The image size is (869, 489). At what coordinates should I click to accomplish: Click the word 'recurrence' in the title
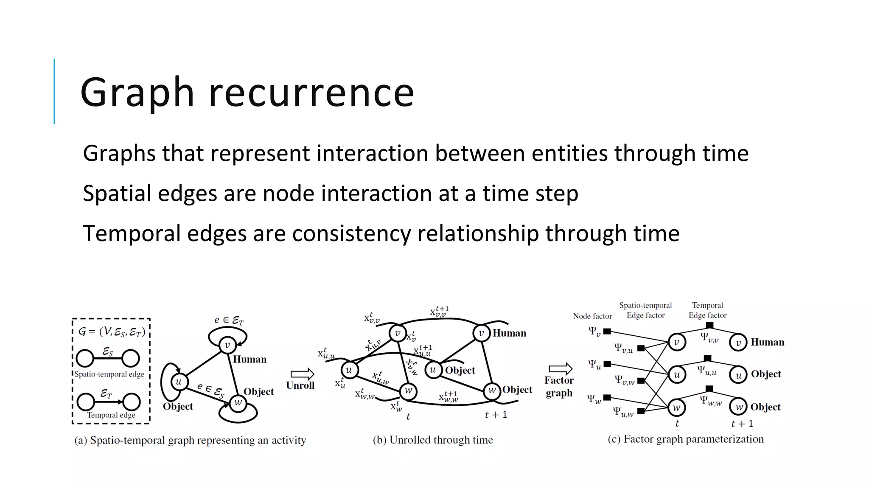tap(311, 92)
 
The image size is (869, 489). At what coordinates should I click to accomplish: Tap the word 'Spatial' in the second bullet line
tap(117, 194)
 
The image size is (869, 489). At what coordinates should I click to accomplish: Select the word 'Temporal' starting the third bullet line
tap(132, 233)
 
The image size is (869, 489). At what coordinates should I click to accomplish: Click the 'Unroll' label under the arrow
tap(300, 385)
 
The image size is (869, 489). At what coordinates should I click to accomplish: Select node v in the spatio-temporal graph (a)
tap(227, 345)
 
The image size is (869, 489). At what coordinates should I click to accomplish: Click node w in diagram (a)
tap(238, 402)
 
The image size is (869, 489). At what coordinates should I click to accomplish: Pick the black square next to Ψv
tap(607, 332)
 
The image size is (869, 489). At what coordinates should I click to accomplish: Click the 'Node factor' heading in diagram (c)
tap(592, 316)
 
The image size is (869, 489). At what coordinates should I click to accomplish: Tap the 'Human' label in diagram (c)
tap(767, 342)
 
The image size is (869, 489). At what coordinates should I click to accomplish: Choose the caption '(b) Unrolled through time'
tap(433, 440)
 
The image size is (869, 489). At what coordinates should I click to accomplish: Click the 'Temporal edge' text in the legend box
tap(111, 415)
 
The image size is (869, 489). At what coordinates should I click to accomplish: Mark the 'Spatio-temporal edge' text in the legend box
tap(109, 374)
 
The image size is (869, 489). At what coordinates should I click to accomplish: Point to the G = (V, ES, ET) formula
tap(112, 332)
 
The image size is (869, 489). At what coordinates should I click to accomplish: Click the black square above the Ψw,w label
tap(709, 389)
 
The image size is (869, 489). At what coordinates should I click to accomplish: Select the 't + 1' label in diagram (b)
tap(496, 415)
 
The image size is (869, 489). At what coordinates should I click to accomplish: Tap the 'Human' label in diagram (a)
tap(249, 359)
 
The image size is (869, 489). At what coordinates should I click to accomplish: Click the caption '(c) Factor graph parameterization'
tap(685, 439)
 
